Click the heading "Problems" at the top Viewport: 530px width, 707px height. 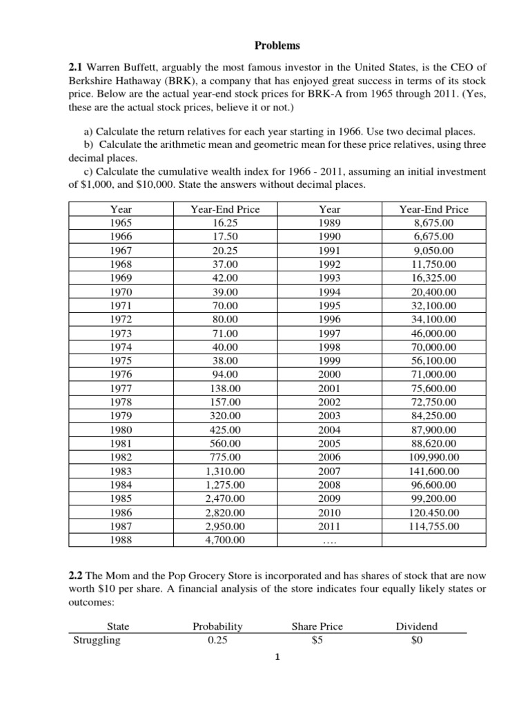coord(277,46)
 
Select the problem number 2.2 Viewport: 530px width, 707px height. coord(74,576)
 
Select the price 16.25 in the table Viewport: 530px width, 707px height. coord(225,223)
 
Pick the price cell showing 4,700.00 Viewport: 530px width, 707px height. coord(225,540)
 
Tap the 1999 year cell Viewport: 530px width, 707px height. coord(329,361)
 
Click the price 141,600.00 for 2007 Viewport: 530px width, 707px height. coord(434,471)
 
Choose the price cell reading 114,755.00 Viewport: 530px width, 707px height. coord(434,526)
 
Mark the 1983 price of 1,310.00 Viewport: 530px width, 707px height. coord(225,471)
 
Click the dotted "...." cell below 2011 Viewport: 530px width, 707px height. coord(329,541)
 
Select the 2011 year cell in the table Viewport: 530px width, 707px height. coord(329,526)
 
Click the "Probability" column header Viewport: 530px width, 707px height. coord(217,627)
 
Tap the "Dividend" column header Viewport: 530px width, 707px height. coord(416,627)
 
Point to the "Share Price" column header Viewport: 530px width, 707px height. coord(317,627)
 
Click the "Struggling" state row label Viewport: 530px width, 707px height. coord(97,640)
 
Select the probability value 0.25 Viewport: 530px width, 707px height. coord(217,640)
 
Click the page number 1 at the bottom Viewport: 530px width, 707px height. coord(275,677)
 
